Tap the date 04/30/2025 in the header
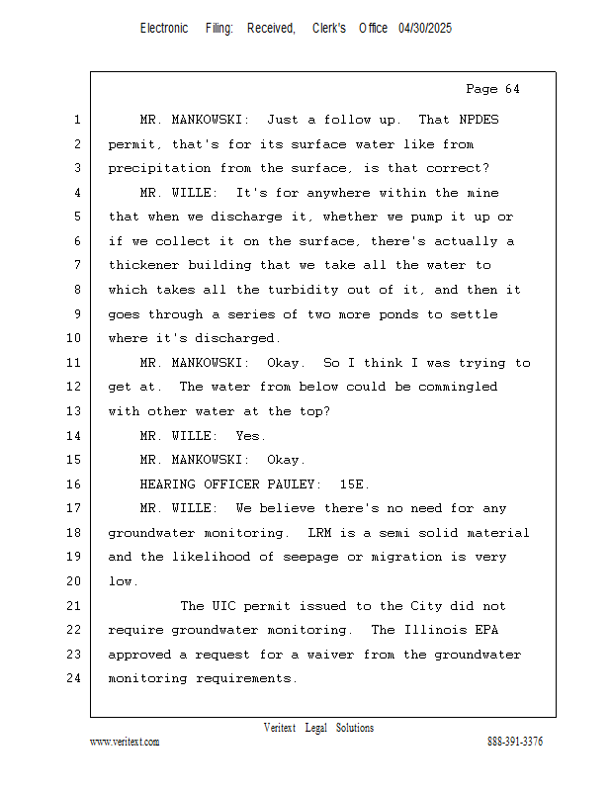click(x=425, y=29)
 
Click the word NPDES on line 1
click(x=480, y=120)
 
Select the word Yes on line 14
click(x=251, y=435)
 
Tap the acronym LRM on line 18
click(x=319, y=533)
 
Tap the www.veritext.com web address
click(x=125, y=742)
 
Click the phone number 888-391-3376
click(x=515, y=742)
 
